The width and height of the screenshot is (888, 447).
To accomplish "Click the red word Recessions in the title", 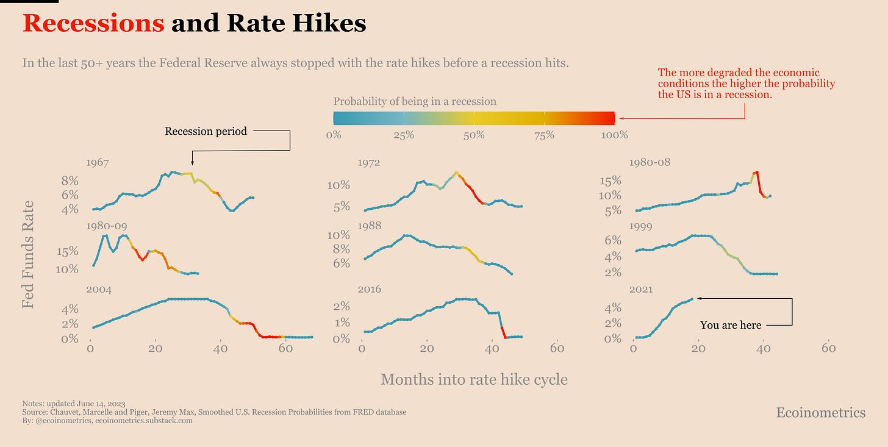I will (x=93, y=23).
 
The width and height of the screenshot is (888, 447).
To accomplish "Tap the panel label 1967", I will (x=98, y=163).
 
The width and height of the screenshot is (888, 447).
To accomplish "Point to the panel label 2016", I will (x=370, y=289).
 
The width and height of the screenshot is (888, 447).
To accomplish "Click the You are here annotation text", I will (x=731, y=325).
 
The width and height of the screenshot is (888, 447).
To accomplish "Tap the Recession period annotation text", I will (x=206, y=131).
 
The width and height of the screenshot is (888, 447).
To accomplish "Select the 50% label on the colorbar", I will (x=474, y=135).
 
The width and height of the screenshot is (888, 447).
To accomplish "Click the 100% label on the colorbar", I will (x=614, y=135).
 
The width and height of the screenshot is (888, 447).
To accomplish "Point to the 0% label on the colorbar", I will (x=334, y=135).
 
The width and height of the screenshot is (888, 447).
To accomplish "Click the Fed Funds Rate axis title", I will (x=28, y=254).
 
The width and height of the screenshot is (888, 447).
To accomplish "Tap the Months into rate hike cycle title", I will (x=474, y=379).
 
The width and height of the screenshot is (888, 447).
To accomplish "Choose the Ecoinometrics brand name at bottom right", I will (x=820, y=413).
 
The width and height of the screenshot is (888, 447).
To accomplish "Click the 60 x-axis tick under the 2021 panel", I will (x=828, y=348).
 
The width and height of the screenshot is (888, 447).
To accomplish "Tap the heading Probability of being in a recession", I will (x=415, y=101).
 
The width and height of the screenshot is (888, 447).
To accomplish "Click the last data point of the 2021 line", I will (x=692, y=299).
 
